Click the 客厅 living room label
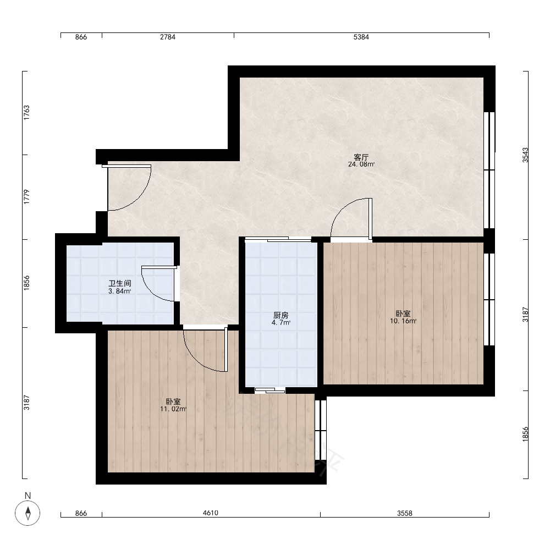click(361, 157)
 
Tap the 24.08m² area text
click(361, 164)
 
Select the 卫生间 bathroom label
click(120, 283)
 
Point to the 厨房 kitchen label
click(281, 315)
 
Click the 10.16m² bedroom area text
click(403, 321)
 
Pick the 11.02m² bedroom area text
click(173, 409)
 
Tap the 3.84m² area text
click(120, 291)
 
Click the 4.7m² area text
click(281, 323)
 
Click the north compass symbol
click(28, 513)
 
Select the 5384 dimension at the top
click(361, 37)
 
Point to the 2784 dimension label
click(168, 37)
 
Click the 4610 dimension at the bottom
click(211, 513)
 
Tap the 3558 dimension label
click(405, 514)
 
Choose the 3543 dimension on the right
click(525, 155)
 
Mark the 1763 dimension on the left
click(26, 113)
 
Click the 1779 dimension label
click(26, 197)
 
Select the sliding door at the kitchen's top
click(278, 239)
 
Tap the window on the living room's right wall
click(490, 170)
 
